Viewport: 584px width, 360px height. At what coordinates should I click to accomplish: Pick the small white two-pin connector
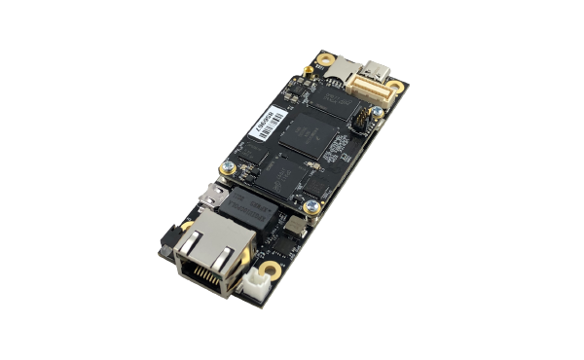tap(257, 283)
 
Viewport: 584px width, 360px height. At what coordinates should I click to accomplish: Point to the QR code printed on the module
tap(337, 150)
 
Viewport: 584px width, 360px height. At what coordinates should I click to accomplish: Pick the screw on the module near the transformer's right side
tap(310, 205)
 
